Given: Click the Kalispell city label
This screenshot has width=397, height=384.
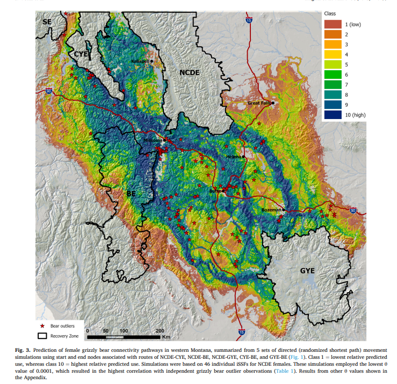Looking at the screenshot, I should (141, 62).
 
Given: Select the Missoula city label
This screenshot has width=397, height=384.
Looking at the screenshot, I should (153, 141).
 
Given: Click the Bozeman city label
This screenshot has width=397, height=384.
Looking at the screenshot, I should (271, 210).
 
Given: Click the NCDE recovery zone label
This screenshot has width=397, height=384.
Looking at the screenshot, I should (189, 72).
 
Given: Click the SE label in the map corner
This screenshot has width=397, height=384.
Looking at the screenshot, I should (48, 21).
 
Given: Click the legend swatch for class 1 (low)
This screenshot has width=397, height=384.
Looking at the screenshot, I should (333, 24).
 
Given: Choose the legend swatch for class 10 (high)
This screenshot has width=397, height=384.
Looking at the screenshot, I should (333, 115).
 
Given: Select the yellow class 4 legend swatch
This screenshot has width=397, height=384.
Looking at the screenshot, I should (333, 54).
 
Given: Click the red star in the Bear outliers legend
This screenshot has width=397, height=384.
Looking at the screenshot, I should (42, 326).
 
